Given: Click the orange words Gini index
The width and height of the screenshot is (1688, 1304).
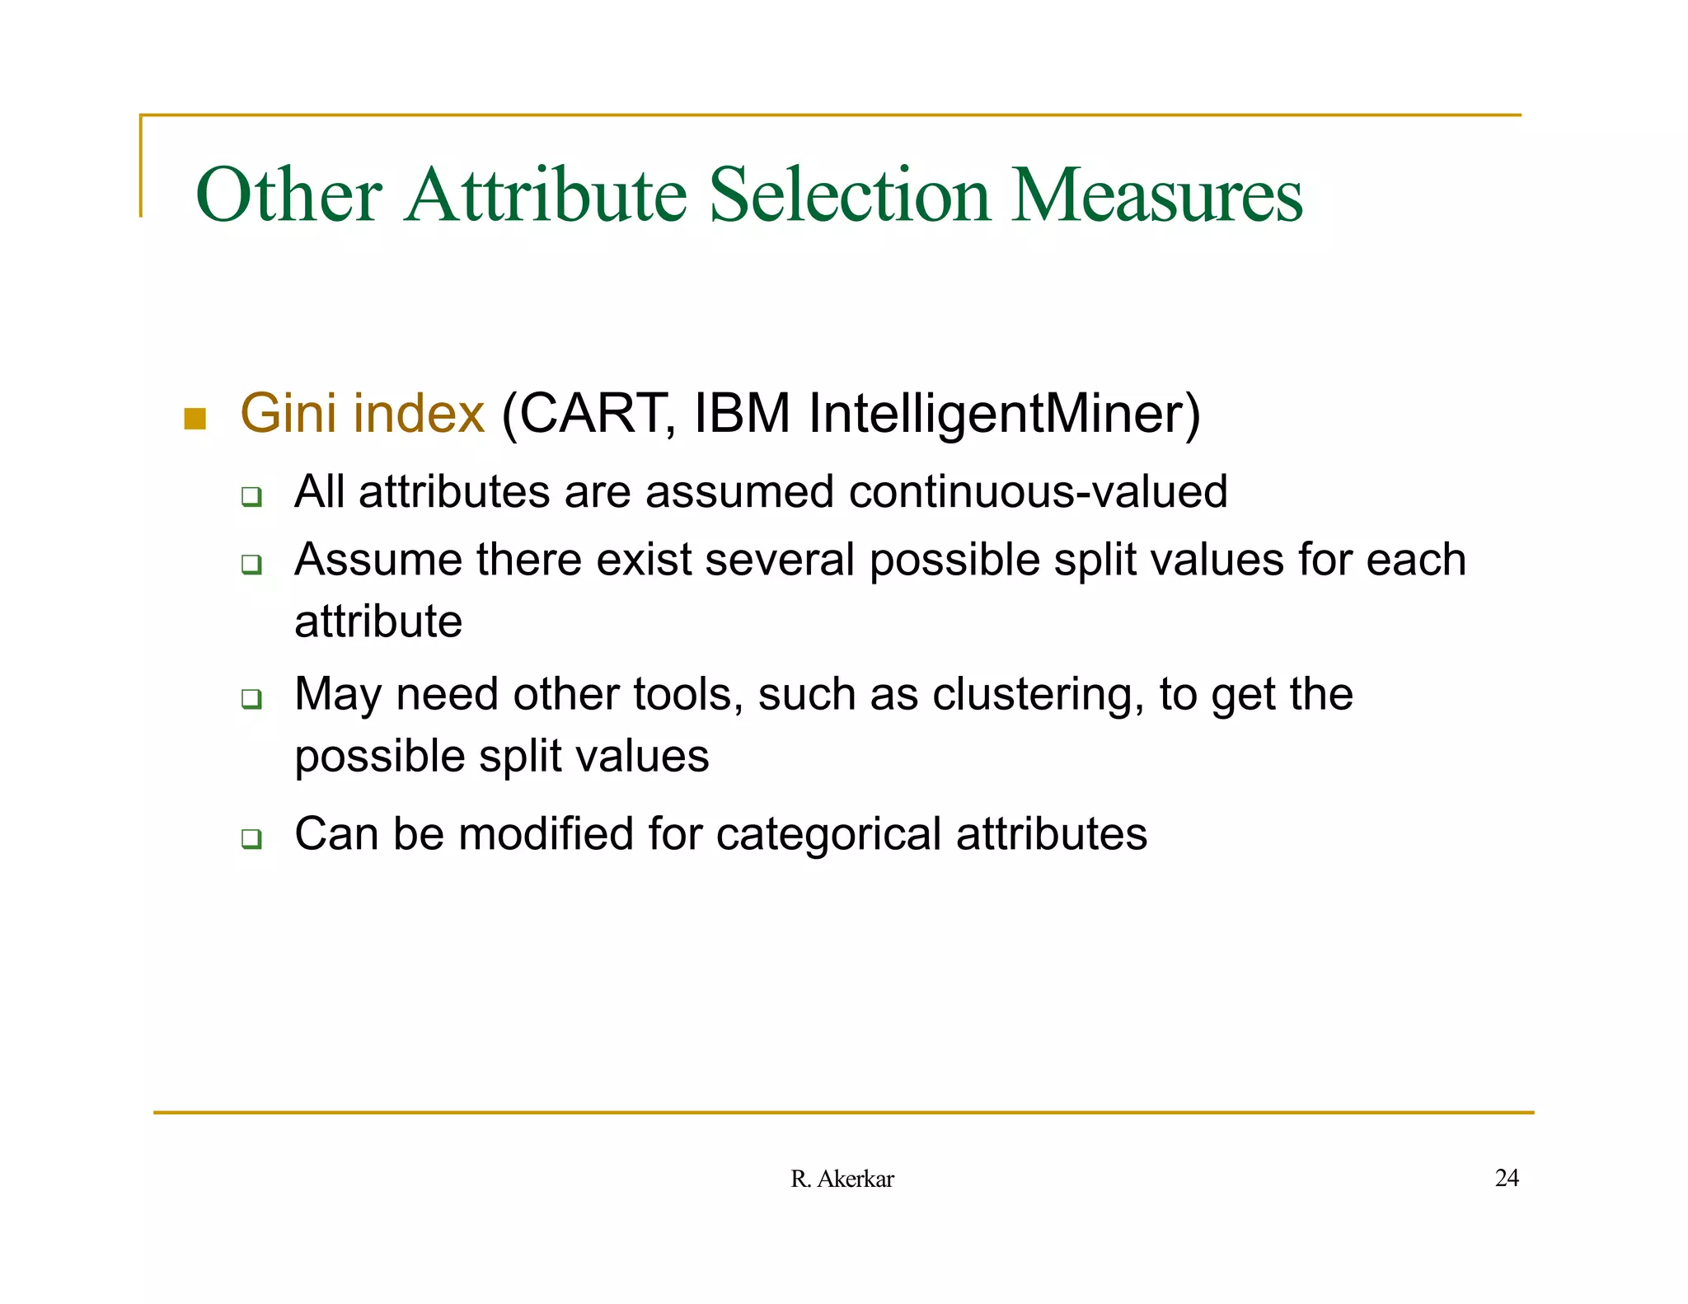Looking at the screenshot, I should pyautogui.click(x=362, y=413).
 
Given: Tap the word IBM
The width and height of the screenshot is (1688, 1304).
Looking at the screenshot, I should pyautogui.click(x=742, y=413).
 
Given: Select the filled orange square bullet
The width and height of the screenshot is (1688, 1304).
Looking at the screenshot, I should pyautogui.click(x=195, y=419).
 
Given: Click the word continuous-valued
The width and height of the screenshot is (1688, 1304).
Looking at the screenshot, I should pyautogui.click(x=1038, y=492).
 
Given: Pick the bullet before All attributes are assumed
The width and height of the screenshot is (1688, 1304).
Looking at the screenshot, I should pyautogui.click(x=251, y=497).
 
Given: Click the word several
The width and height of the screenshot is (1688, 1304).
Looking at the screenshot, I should pyautogui.click(x=780, y=560).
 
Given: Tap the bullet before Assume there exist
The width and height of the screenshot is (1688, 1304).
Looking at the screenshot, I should pyautogui.click(x=251, y=565).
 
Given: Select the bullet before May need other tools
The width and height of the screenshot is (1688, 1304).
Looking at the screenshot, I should pyautogui.click(x=251, y=700).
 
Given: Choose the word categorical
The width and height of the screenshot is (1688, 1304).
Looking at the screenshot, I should pyautogui.click(x=828, y=834).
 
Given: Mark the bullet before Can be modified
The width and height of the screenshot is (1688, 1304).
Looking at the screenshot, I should pyautogui.click(x=251, y=839).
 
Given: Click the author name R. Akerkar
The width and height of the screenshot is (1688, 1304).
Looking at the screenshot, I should pyautogui.click(x=842, y=1180).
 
